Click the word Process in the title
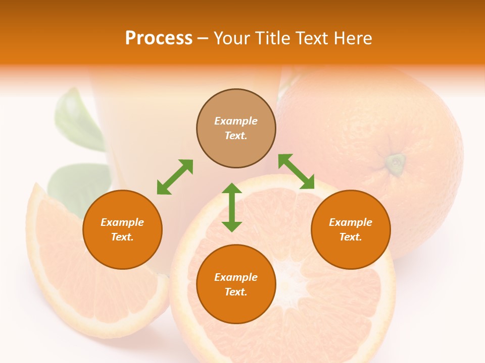[x=159, y=38]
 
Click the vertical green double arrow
[x=232, y=207]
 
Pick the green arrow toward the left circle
[x=175, y=177]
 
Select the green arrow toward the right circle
[x=296, y=171]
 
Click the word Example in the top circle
[x=236, y=121]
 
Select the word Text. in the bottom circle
[x=236, y=292]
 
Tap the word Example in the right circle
[x=351, y=222]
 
